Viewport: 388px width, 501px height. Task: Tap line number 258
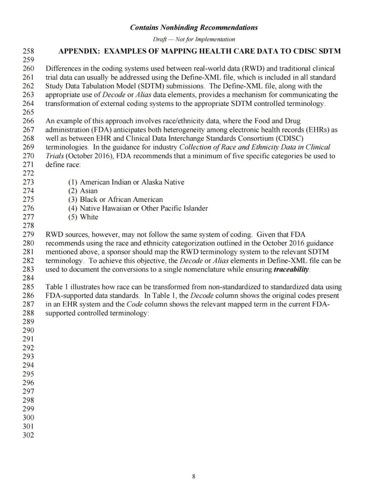[x=28, y=51]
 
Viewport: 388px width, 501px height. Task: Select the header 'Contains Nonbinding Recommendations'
[x=194, y=28]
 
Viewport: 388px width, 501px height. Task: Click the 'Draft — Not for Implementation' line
[x=194, y=39]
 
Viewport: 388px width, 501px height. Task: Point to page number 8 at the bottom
[x=194, y=476]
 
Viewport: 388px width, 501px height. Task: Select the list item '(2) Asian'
[x=83, y=191]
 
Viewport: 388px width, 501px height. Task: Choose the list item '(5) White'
[x=83, y=217]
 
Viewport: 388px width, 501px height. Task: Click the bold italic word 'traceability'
[x=291, y=269]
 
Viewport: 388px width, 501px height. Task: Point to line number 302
[x=28, y=435]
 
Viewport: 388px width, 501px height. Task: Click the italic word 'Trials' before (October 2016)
[x=55, y=156]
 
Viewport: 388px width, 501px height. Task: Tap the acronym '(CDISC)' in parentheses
[x=290, y=138]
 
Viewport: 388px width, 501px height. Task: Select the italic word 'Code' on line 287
[x=135, y=304]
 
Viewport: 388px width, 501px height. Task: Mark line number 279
[x=28, y=235]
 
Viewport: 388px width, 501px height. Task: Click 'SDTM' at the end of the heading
[x=329, y=51]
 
